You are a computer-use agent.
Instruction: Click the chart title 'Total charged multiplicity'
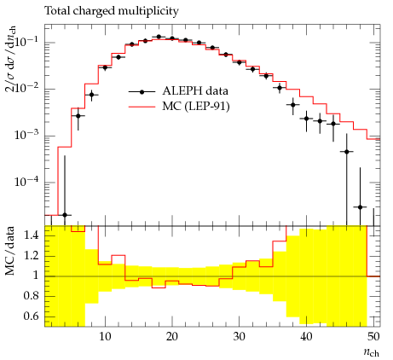pos(112,11)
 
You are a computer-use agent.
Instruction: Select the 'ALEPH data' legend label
pos(195,91)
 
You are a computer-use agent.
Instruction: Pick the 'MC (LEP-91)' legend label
pos(196,107)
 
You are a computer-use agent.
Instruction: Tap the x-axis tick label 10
pos(105,337)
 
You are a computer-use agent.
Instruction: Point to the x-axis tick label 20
pos(172,337)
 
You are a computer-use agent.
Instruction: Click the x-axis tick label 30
pos(239,337)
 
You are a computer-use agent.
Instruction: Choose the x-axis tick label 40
pos(306,337)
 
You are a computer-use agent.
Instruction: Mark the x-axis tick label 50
pos(373,337)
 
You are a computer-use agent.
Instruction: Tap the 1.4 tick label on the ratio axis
pos(32,235)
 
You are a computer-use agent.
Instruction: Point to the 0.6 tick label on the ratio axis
pos(32,316)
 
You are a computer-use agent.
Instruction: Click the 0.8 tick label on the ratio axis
pos(32,296)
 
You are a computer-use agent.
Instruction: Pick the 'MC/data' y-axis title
pos(9,251)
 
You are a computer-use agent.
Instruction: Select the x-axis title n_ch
pos(372,352)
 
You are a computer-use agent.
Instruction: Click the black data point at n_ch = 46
pos(346,152)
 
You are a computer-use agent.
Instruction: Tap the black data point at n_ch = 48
pos(360,207)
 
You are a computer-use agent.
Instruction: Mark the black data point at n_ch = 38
pos(293,105)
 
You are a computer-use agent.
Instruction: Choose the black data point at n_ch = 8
pos(91,95)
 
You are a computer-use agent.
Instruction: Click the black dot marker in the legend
pos(142,91)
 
